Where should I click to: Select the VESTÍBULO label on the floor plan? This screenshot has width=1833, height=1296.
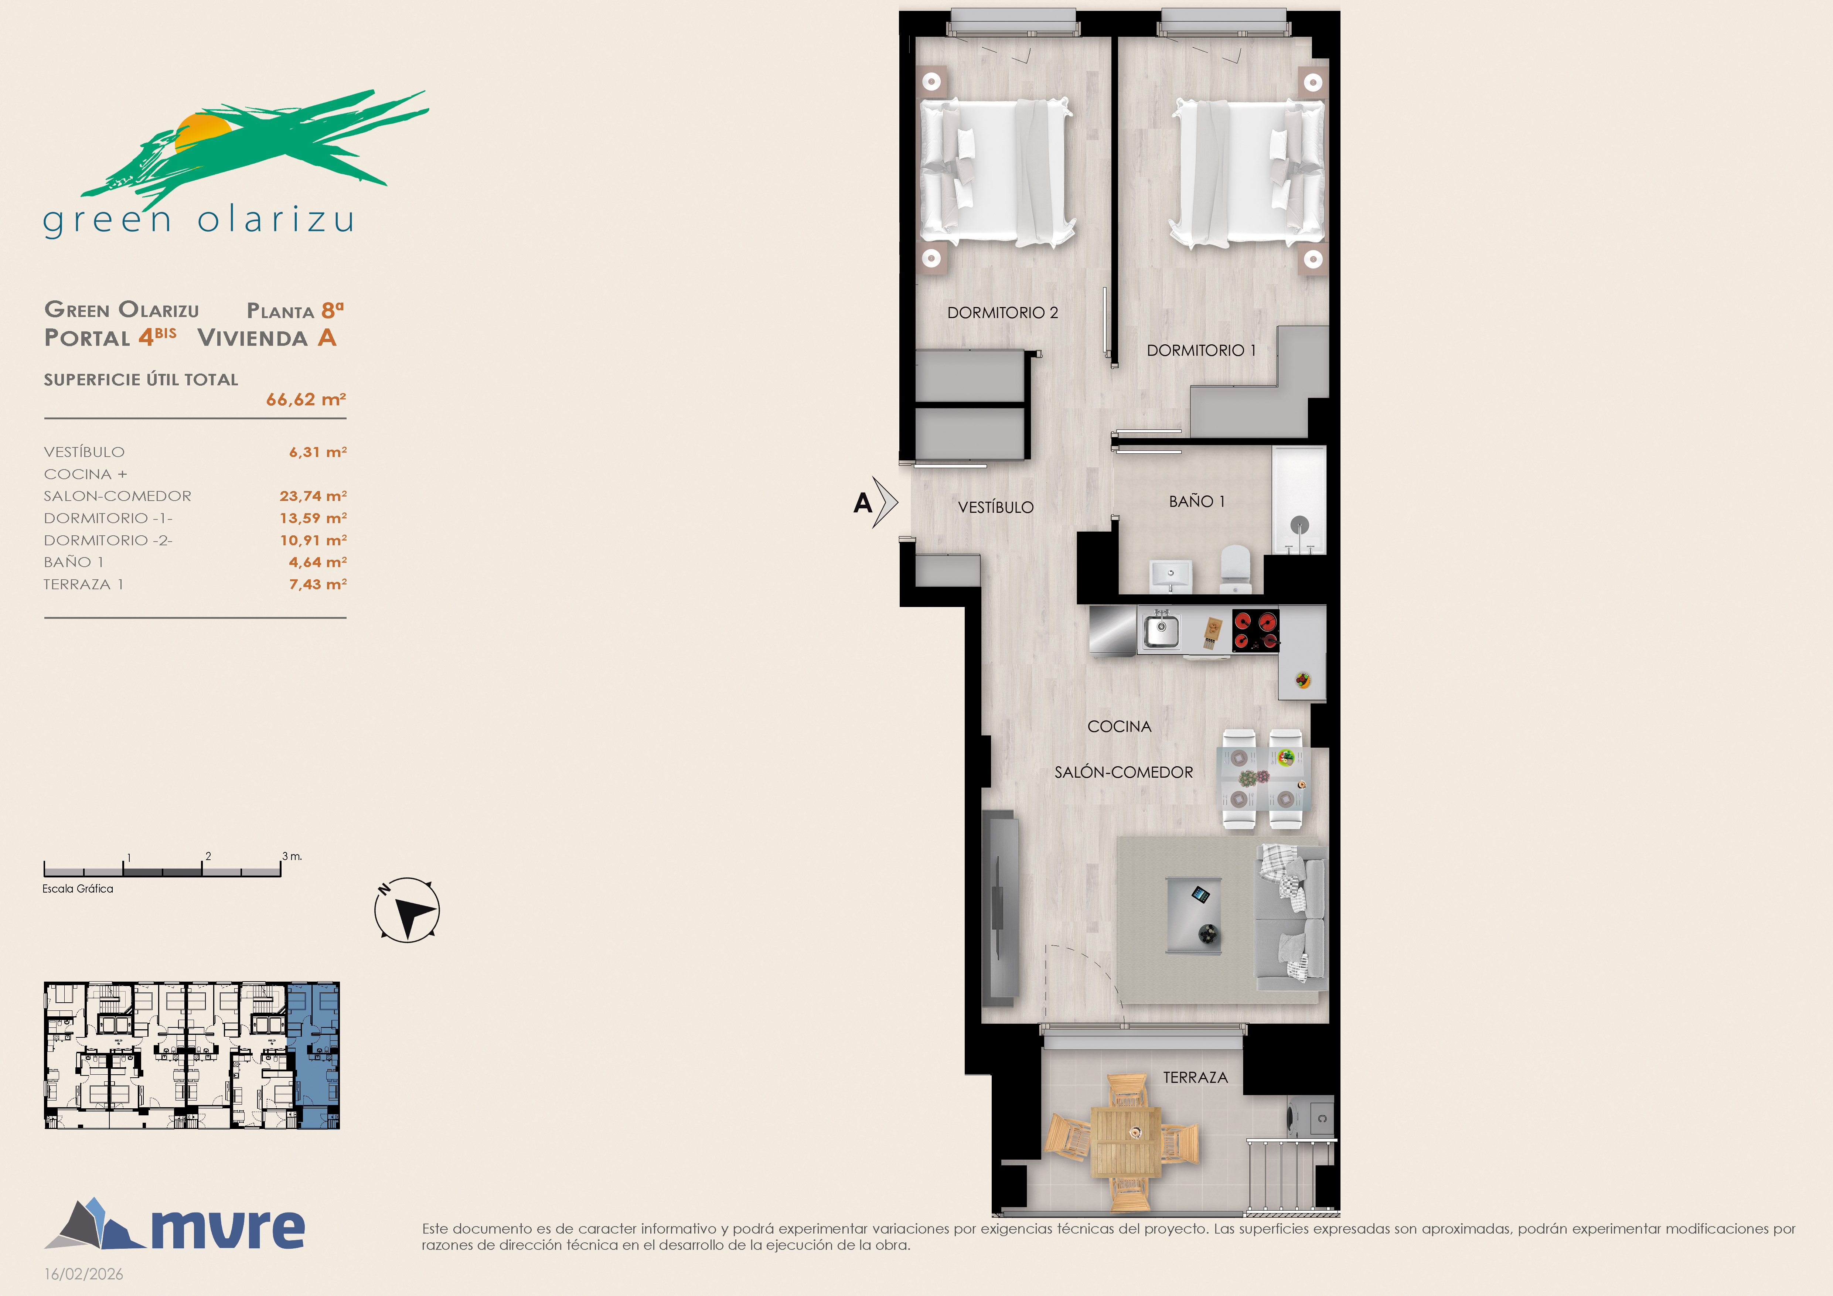(995, 507)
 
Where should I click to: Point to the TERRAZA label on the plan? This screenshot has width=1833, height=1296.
(1195, 1077)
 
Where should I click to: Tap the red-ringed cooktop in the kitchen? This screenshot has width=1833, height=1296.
(1256, 630)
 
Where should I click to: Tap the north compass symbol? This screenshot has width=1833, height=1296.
(407, 910)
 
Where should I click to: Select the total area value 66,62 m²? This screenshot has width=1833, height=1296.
(306, 399)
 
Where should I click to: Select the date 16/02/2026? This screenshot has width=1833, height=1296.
(84, 1274)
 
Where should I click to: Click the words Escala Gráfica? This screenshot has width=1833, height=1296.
(78, 888)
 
